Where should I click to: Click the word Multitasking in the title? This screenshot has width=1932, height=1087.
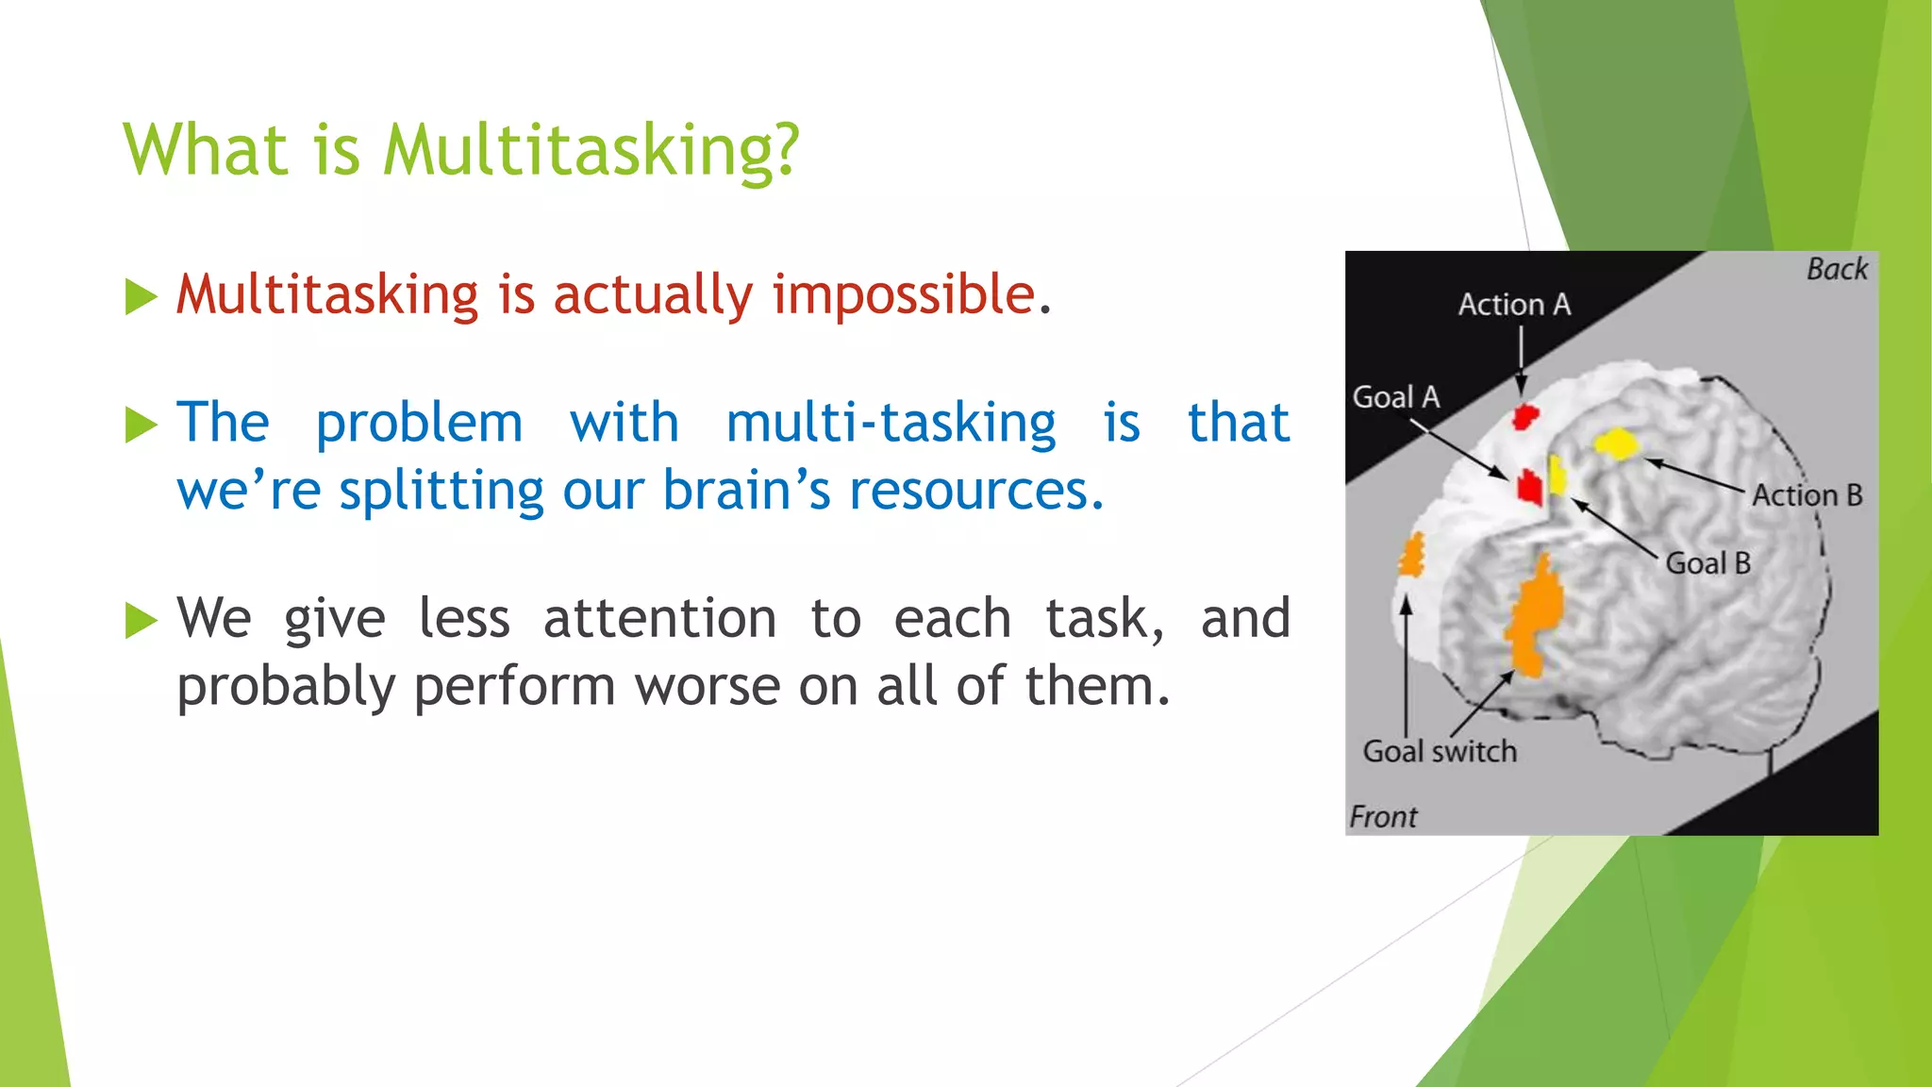591,151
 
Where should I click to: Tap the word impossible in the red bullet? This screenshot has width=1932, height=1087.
904,293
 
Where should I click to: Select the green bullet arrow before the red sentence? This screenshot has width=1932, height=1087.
142,297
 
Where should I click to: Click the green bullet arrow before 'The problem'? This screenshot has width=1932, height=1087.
142,426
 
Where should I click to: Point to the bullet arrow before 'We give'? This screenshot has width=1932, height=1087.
142,621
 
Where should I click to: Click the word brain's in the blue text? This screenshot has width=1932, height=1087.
746,491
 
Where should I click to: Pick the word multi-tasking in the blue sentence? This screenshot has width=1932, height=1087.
891,423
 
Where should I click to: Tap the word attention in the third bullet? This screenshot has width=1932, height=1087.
659,619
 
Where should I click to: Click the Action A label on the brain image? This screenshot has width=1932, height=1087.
1514,305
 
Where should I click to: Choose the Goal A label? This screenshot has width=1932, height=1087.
1395,397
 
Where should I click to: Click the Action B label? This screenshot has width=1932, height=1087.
1807,495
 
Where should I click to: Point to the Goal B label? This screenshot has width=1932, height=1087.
1707,563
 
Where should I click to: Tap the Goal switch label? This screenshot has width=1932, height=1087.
1440,752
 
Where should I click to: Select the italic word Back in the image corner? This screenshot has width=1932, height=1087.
1836,270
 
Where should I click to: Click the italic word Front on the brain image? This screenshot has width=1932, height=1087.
1382,817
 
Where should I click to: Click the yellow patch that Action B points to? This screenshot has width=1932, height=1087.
1615,444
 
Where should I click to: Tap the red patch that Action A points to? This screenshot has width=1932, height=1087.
1524,416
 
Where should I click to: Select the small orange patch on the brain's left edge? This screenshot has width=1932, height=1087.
1411,556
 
